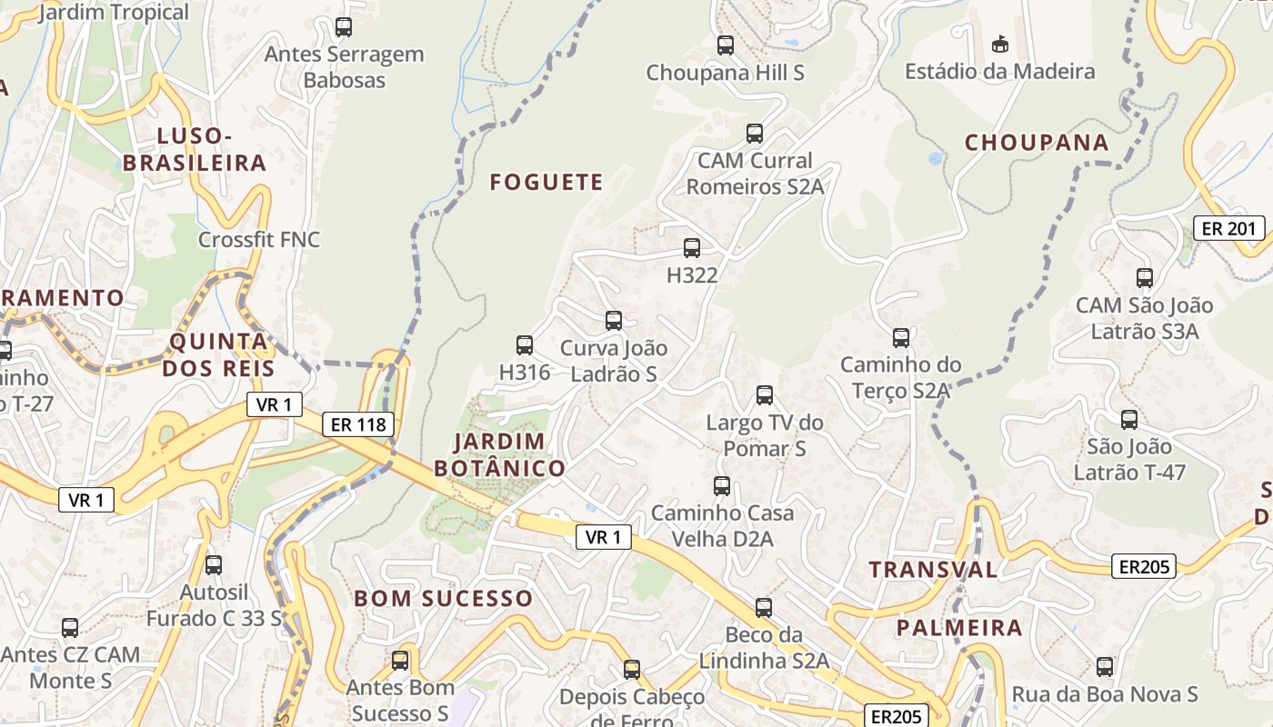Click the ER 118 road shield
(359, 424)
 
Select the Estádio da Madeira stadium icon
(999, 44)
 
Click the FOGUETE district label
(546, 183)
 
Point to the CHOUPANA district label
(1037, 143)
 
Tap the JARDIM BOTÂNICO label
(499, 455)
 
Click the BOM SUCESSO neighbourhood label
(443, 598)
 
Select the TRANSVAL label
(933, 570)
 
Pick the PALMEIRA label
(959, 628)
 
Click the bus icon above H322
(692, 248)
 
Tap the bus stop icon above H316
(525, 345)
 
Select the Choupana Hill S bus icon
(726, 45)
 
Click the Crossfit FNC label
(259, 240)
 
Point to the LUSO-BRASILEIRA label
(195, 150)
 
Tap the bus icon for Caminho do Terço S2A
(901, 338)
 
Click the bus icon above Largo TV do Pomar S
(765, 395)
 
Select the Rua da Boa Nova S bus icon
(1105, 667)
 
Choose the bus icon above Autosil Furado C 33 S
(214, 565)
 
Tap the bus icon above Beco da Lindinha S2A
(764, 608)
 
